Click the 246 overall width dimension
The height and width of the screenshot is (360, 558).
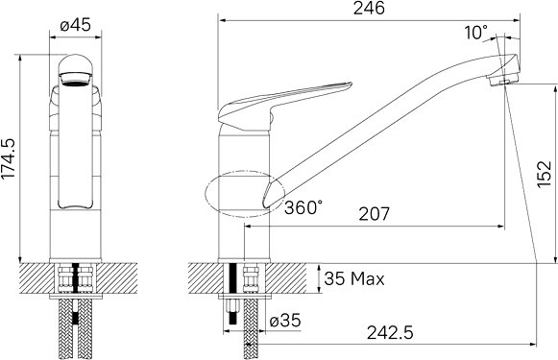tap(369, 9)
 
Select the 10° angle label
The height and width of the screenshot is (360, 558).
tap(475, 33)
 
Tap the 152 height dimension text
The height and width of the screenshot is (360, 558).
tap(544, 174)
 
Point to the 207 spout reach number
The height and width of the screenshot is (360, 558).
tap(374, 214)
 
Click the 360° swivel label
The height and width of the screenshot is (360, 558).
tap(303, 207)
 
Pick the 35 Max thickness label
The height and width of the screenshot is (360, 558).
tap(354, 278)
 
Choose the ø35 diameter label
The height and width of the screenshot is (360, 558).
tap(285, 320)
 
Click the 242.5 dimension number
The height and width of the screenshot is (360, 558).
tap(390, 333)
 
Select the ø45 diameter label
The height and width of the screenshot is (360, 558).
tap(76, 25)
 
